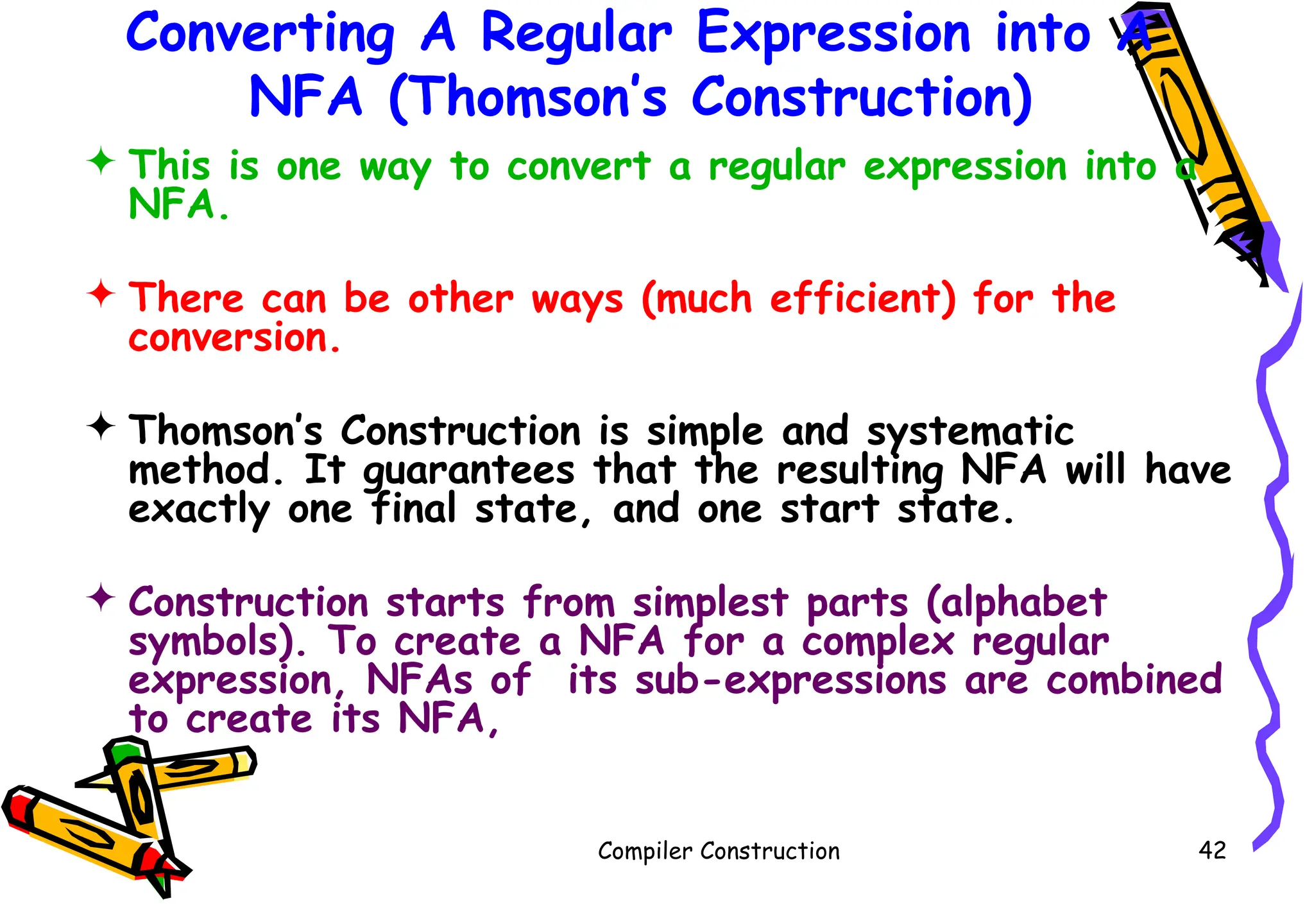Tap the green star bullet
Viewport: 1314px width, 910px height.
point(101,161)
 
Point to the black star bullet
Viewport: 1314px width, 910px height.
point(101,425)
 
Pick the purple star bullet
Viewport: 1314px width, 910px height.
point(101,597)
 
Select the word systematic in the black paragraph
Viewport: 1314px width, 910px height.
point(970,432)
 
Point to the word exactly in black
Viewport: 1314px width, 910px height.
point(199,510)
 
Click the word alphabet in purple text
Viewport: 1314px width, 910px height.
point(1017,603)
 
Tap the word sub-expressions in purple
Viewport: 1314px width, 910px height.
point(790,680)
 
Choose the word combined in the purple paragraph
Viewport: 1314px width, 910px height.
point(1134,680)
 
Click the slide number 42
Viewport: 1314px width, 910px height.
point(1212,850)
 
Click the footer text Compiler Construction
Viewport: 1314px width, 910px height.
point(719,852)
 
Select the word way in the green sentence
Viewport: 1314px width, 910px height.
point(395,168)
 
